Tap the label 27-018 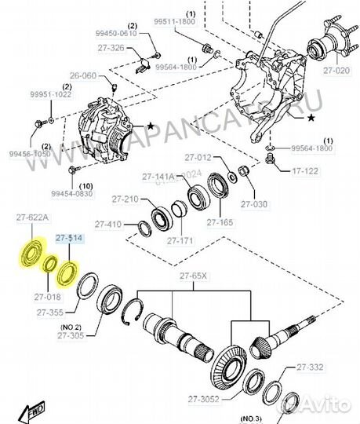pos(47,297)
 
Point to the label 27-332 pos(310,367)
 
